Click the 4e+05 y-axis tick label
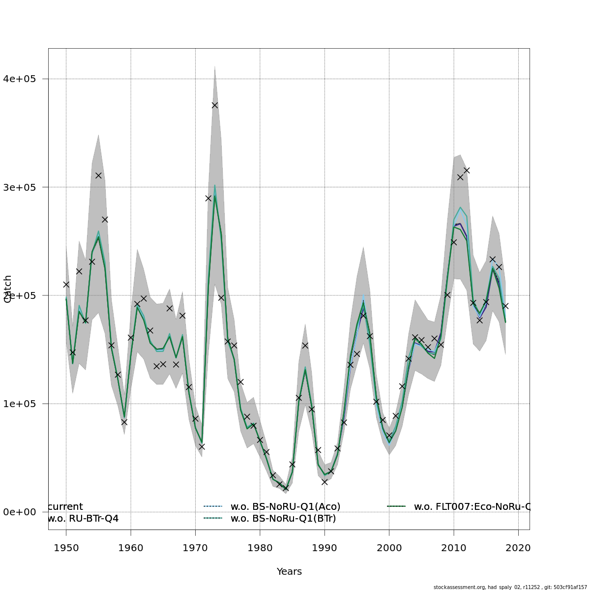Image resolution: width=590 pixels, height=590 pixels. point(26,79)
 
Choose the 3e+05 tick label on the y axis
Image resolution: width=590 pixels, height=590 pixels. point(26,187)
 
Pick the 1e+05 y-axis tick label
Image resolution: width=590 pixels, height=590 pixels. point(26,404)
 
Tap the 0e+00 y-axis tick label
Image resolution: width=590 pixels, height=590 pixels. point(26,512)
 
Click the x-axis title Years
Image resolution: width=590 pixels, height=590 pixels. point(289,571)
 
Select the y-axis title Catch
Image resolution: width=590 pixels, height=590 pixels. point(8,289)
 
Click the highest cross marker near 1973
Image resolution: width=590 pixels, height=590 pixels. point(215,105)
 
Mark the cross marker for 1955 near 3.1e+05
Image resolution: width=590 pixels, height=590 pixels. point(98,176)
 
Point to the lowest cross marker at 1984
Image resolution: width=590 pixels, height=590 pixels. point(286,488)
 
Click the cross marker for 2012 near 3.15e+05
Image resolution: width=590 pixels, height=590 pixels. point(467,171)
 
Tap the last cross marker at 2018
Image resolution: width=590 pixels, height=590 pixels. point(505,306)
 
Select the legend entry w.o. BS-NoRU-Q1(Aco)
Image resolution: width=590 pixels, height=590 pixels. point(285,506)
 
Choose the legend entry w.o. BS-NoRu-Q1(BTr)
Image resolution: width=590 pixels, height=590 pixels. point(283,518)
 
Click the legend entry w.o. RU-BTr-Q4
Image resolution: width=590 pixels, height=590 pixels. point(83,518)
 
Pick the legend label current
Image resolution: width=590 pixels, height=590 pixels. point(65,506)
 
